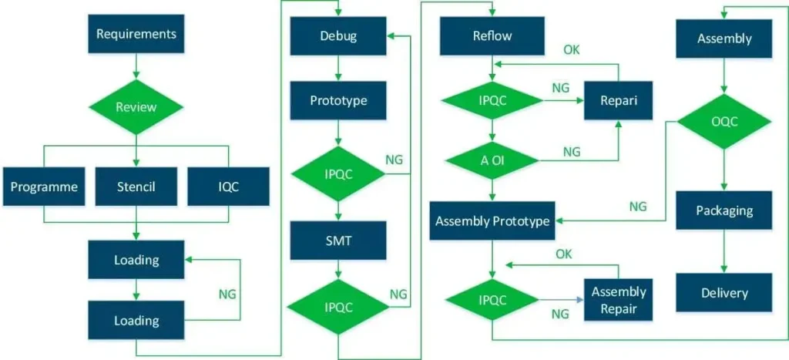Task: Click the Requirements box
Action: click(x=136, y=34)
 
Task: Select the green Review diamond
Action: click(x=136, y=107)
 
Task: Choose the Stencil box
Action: click(x=136, y=186)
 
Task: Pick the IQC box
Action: click(x=228, y=186)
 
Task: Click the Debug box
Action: click(x=338, y=35)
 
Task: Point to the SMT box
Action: click(x=338, y=241)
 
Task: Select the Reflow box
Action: click(x=492, y=35)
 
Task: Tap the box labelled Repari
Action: click(x=618, y=101)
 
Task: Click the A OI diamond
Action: click(x=492, y=160)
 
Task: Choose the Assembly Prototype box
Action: click(x=492, y=221)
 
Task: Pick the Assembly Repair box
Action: click(x=618, y=300)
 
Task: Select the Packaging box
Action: click(x=724, y=210)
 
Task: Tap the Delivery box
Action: click(x=724, y=292)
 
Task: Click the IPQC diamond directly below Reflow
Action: click(x=492, y=100)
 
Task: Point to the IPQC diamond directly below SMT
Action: click(x=338, y=306)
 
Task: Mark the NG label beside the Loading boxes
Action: click(x=227, y=294)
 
